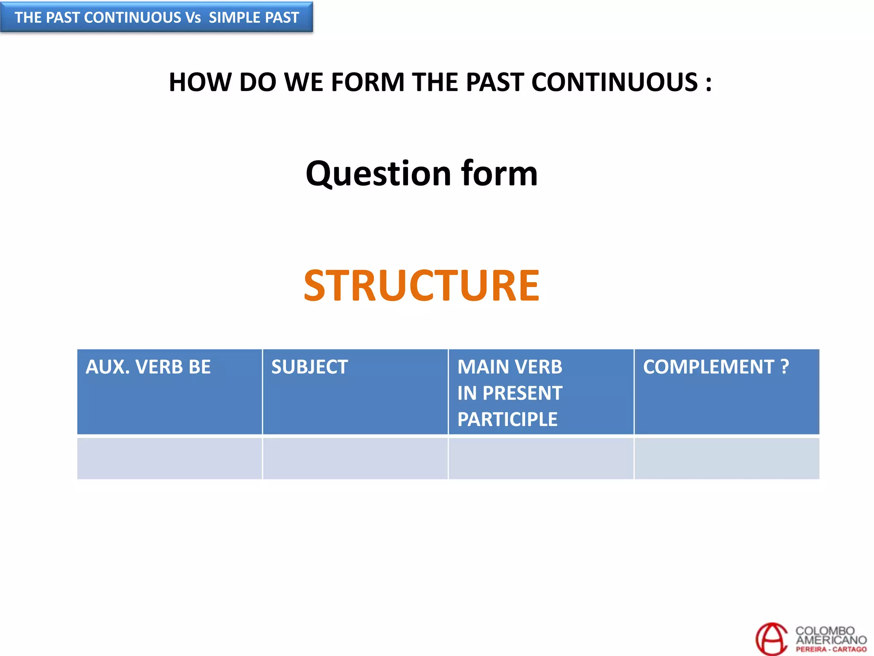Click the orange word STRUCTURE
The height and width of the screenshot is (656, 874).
pos(421,286)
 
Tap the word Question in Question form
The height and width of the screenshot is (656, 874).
pos(378,174)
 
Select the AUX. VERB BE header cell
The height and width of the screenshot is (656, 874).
pos(169,391)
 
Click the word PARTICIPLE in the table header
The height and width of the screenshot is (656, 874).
pos(507,419)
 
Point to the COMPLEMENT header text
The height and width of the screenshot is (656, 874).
pos(708,367)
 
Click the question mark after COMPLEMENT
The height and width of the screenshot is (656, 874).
pos(784,367)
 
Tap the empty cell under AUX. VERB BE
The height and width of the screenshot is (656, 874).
pos(169,458)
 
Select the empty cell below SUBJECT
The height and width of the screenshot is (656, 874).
pos(355,458)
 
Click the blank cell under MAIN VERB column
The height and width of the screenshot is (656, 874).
pos(541,458)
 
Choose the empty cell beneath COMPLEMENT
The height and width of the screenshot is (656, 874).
pos(726,458)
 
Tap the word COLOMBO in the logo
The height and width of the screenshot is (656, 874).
pos(824,631)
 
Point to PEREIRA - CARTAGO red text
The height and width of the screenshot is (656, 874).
pos(830,650)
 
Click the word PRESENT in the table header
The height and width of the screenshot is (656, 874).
pos(522,393)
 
